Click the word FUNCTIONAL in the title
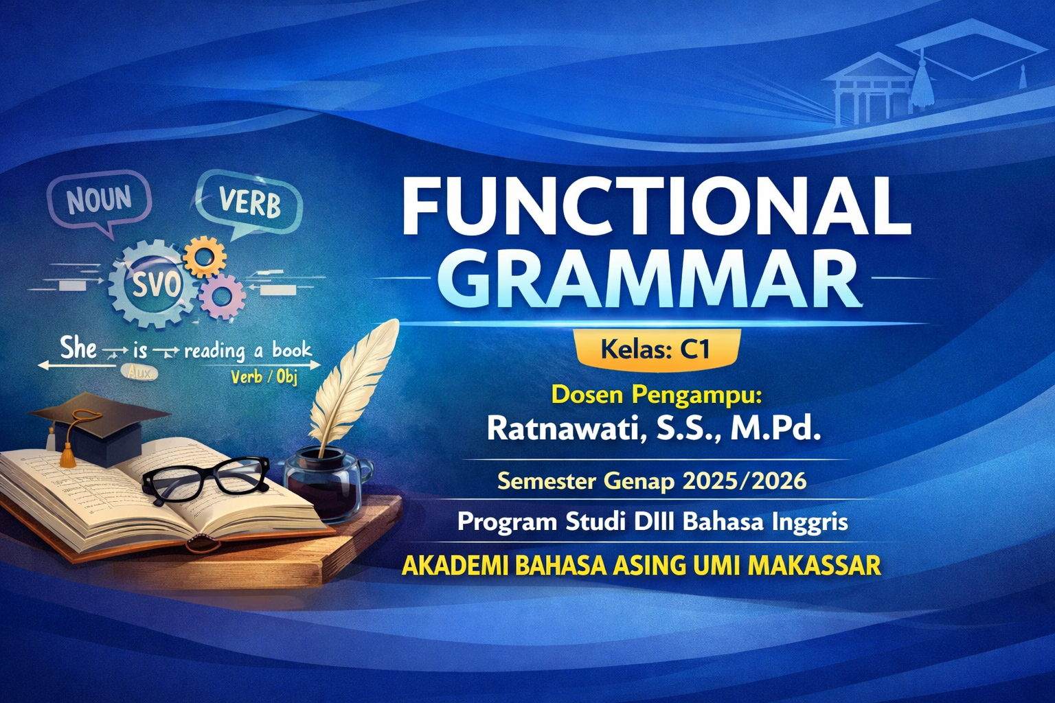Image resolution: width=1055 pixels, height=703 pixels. click(x=656, y=205)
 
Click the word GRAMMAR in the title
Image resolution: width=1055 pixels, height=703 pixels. click(x=656, y=279)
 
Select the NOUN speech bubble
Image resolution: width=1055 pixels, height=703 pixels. click(x=100, y=199)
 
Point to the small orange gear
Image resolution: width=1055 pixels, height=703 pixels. click(x=205, y=257)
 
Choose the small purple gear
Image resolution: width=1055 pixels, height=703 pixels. click(x=222, y=296)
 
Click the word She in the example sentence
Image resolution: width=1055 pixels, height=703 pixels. click(x=78, y=348)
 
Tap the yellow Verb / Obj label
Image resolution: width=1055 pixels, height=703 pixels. click(x=264, y=377)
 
